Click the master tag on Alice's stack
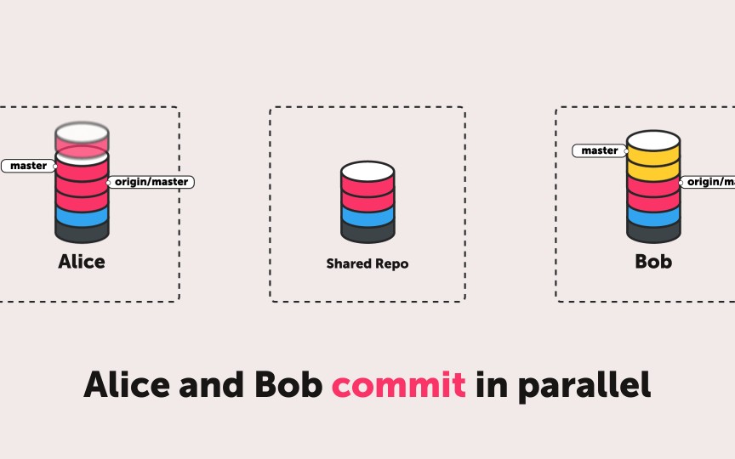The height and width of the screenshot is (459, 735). (28, 166)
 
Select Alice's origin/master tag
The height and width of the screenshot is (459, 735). (151, 182)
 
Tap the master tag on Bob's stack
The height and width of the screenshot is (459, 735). (600, 150)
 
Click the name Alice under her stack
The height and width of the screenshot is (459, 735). (82, 262)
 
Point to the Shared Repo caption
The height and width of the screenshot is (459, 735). (367, 263)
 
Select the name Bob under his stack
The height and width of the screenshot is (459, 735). (653, 262)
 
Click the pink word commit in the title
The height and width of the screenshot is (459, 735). (399, 385)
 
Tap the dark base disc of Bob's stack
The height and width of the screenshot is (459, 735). (653, 231)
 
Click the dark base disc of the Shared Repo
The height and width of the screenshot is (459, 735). (367, 232)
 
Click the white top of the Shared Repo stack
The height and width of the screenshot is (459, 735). (367, 170)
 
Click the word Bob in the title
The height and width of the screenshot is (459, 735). (287, 385)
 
